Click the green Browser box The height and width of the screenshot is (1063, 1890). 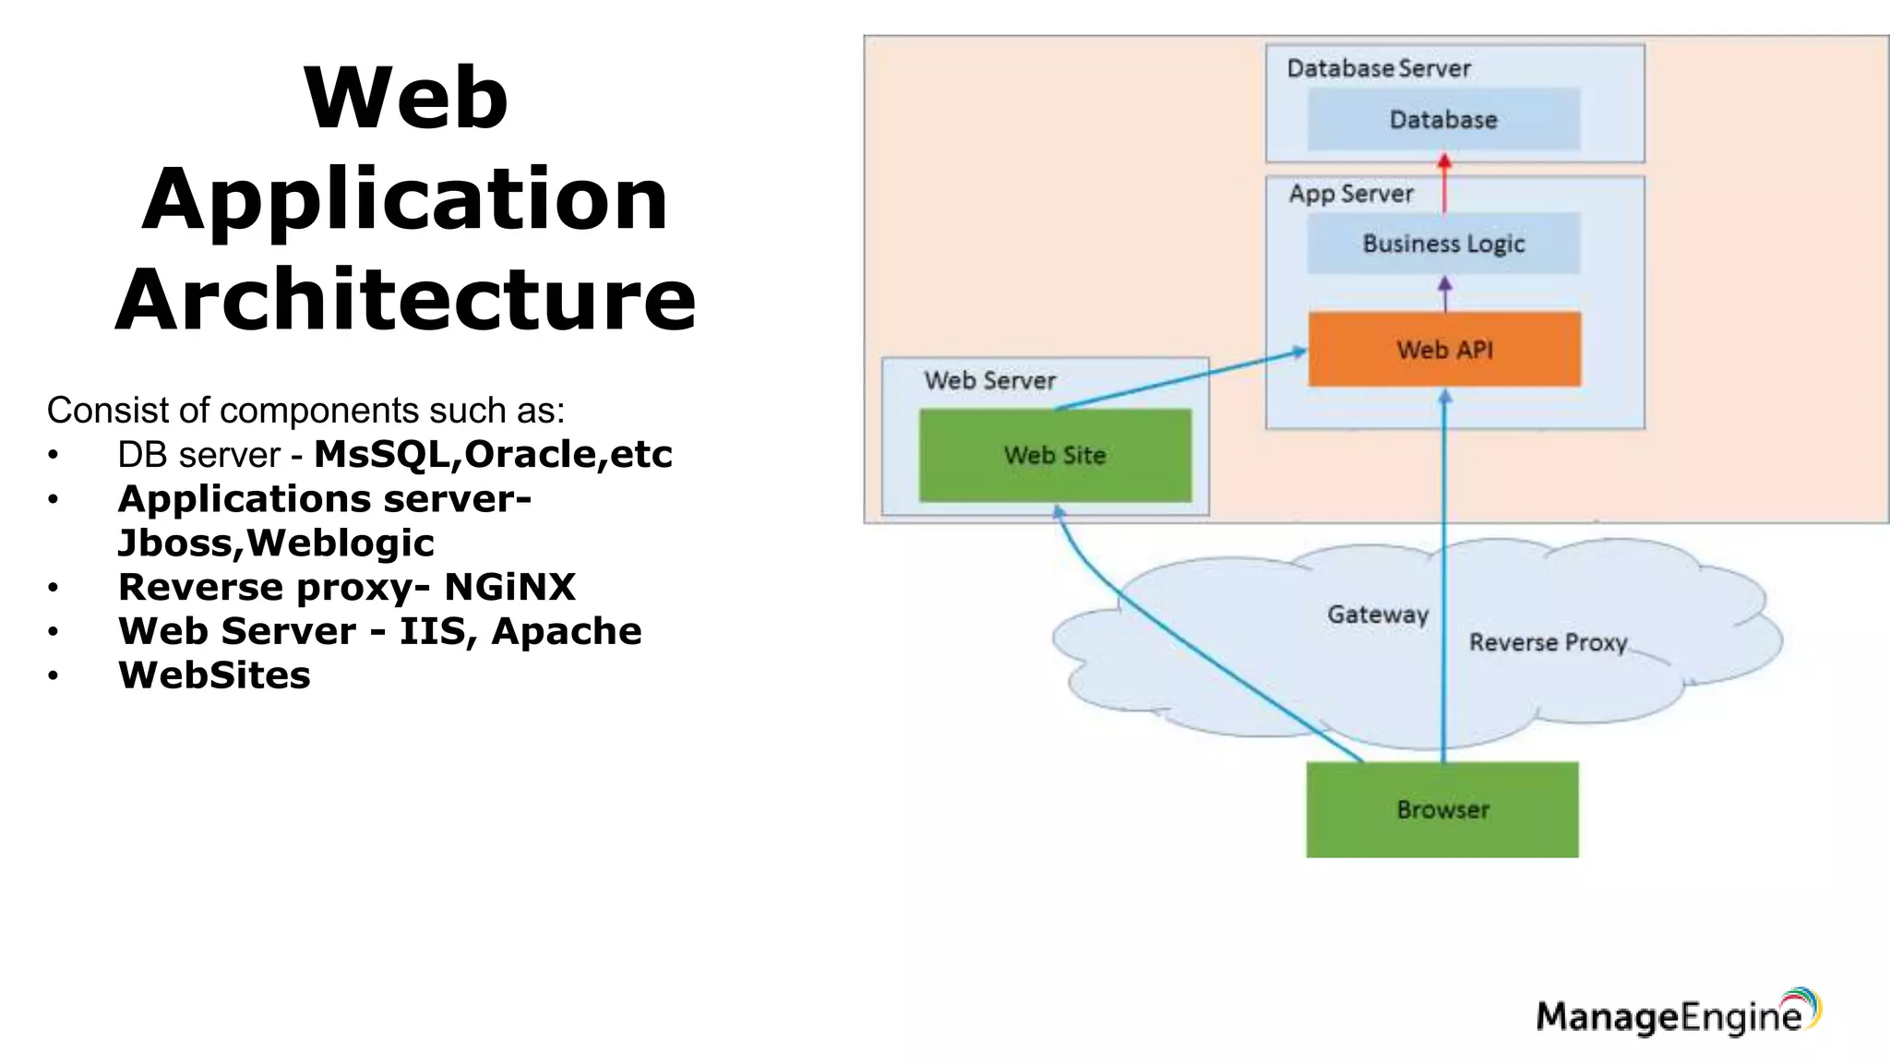pyautogui.click(x=1442, y=809)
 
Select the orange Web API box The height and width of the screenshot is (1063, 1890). pyautogui.click(x=1444, y=349)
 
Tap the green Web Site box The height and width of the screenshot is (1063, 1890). pyautogui.click(x=1055, y=455)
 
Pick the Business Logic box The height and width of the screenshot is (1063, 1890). pyautogui.click(x=1443, y=244)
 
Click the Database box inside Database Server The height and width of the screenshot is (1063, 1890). pyautogui.click(x=1443, y=119)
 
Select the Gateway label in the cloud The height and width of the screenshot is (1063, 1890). pyautogui.click(x=1378, y=615)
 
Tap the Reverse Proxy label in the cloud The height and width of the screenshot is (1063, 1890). pyautogui.click(x=1548, y=642)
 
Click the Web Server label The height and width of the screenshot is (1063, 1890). pyautogui.click(x=990, y=380)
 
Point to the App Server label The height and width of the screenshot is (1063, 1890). pyautogui.click(x=1351, y=194)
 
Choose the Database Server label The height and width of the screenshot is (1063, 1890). pyautogui.click(x=1379, y=68)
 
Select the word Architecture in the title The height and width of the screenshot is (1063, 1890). pyautogui.click(x=406, y=299)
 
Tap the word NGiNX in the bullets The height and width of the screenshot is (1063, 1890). pyautogui.click(x=509, y=587)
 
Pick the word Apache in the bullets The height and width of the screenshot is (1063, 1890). pyautogui.click(x=567, y=631)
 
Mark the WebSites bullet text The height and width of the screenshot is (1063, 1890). pyautogui.click(x=214, y=675)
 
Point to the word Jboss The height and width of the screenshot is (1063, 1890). pyautogui.click(x=179, y=543)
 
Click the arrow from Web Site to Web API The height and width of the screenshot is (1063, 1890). pyautogui.click(x=1181, y=379)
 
